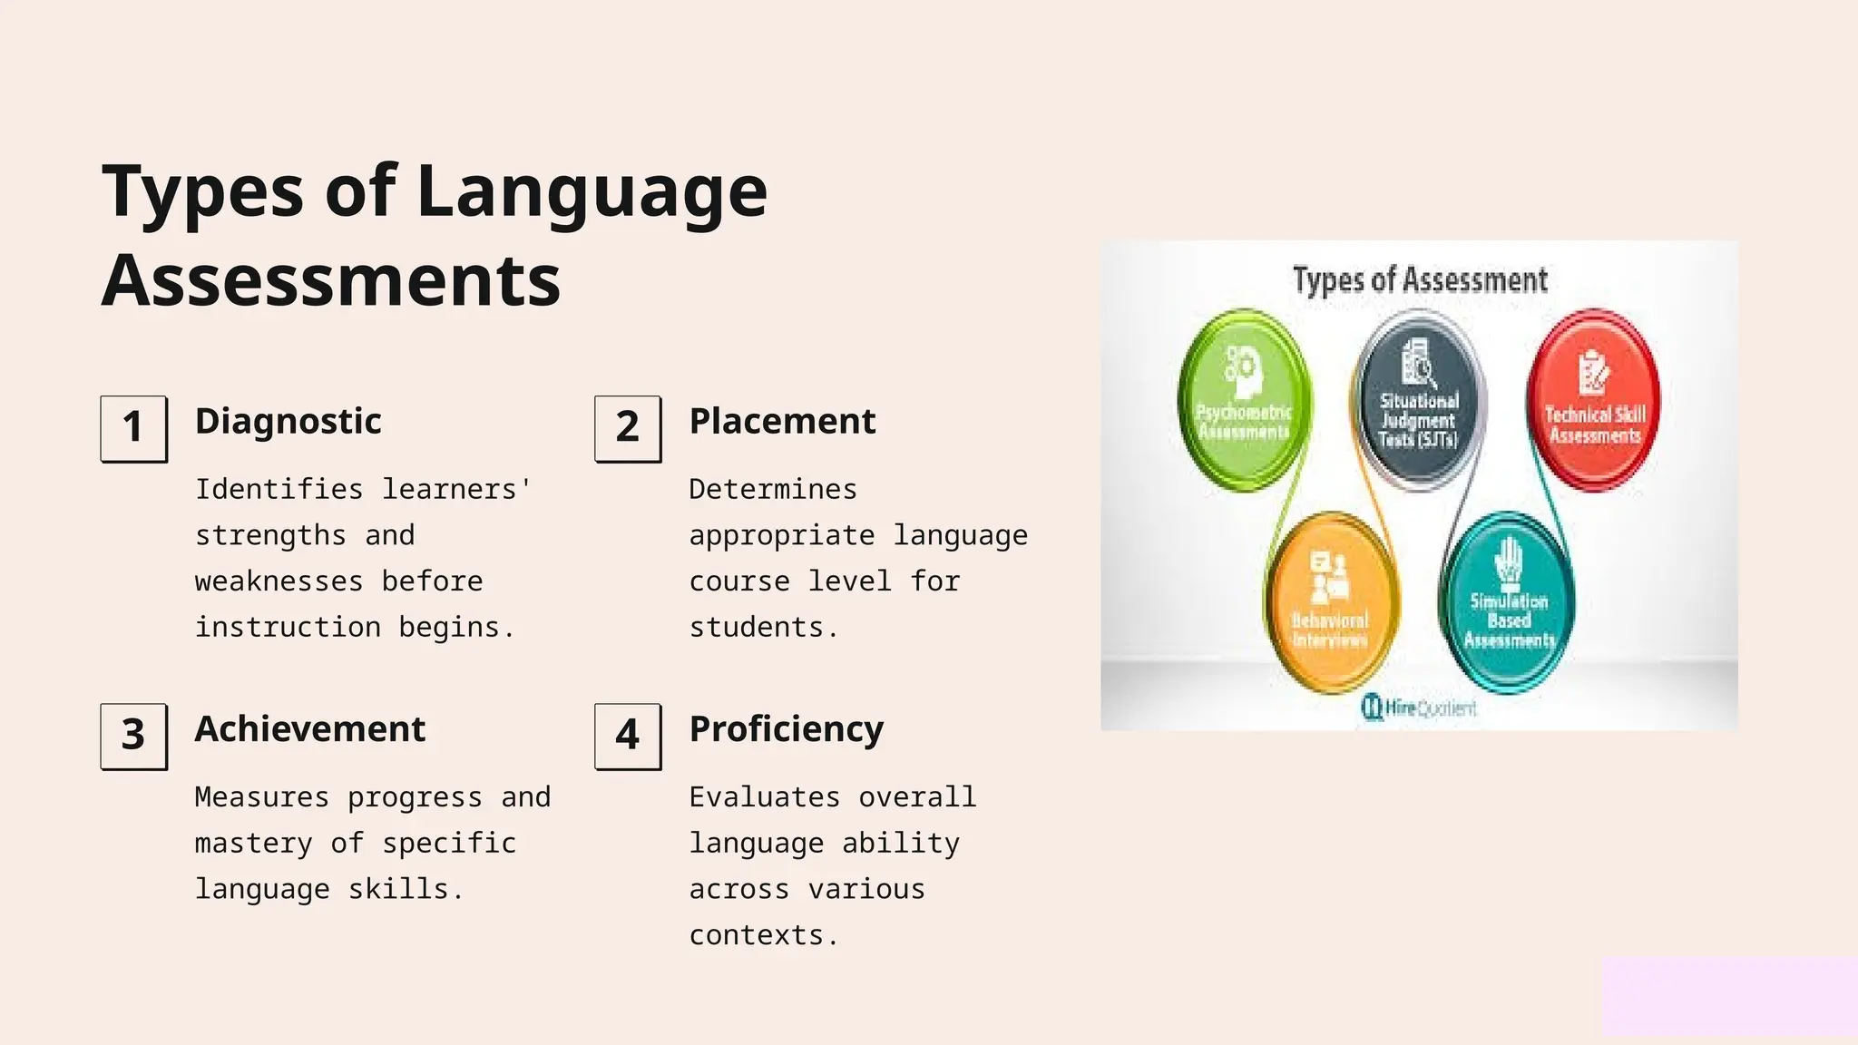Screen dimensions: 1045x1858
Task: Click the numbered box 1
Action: (133, 428)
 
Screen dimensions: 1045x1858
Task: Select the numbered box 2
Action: (628, 428)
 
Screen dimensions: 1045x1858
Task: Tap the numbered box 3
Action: (133, 736)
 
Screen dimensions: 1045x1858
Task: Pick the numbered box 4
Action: (628, 736)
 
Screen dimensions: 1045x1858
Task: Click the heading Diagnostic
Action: (288, 422)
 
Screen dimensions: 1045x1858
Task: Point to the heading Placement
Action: (782, 422)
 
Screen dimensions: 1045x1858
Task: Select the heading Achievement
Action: (309, 729)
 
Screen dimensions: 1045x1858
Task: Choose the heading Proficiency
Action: (786, 729)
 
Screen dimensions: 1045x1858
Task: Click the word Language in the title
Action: (592, 192)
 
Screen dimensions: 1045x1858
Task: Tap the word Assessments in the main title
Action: (331, 280)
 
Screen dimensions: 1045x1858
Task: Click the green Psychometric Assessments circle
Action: (1244, 400)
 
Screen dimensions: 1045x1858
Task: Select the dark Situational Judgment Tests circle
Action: (1419, 400)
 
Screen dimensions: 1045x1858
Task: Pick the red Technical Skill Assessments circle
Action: (1594, 400)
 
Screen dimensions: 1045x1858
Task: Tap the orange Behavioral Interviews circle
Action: (1331, 601)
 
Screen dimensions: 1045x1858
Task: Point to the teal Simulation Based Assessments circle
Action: (1508, 601)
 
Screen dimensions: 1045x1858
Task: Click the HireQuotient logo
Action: (1420, 708)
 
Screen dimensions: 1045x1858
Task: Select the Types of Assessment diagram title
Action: (1420, 279)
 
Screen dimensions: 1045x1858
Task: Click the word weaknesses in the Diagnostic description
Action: (279, 581)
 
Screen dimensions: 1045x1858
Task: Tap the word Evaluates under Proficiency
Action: (764, 797)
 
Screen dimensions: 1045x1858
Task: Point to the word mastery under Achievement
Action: (253, 844)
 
